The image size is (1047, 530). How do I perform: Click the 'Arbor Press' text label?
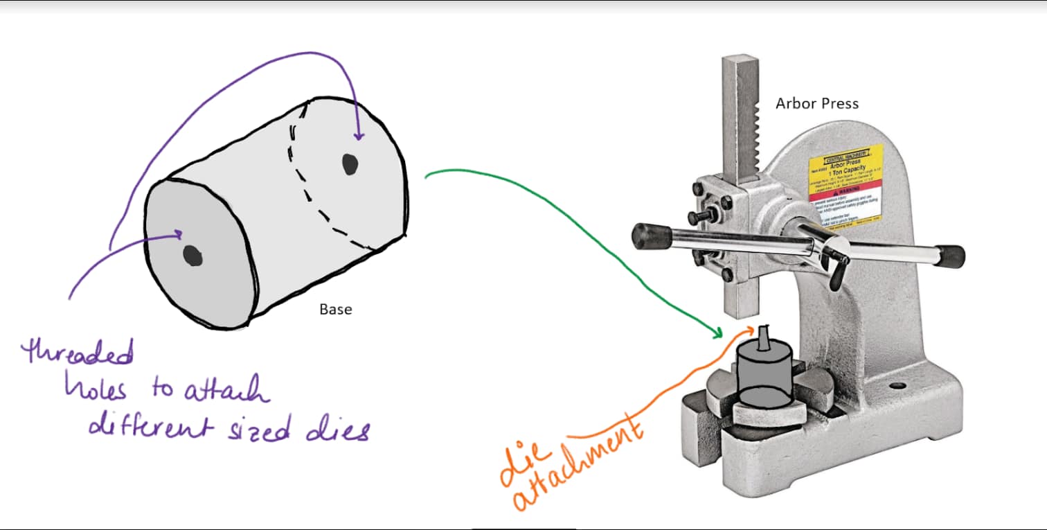pyautogui.click(x=816, y=104)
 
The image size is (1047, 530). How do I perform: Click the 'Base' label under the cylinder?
pyautogui.click(x=335, y=309)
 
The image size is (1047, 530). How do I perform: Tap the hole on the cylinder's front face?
pyautogui.click(x=191, y=256)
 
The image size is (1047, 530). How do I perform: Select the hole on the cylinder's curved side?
pyautogui.click(x=350, y=164)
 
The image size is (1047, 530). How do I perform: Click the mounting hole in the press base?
pyautogui.click(x=898, y=385)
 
